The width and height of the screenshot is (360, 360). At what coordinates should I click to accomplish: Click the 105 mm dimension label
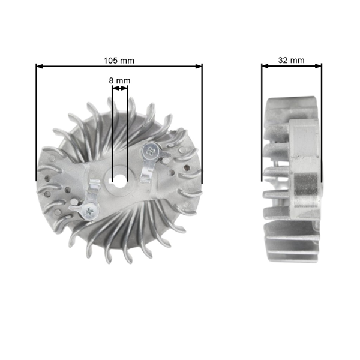119,60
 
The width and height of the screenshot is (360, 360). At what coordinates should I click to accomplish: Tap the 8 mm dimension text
119,80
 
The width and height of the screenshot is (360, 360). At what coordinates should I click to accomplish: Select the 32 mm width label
291,60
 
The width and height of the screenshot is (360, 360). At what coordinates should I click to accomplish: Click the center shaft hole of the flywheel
119,178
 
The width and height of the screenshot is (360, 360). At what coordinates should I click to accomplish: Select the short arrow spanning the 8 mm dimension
119,88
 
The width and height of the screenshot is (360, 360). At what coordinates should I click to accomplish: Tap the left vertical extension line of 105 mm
37,120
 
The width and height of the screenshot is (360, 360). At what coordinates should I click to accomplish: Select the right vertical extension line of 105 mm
202,120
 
